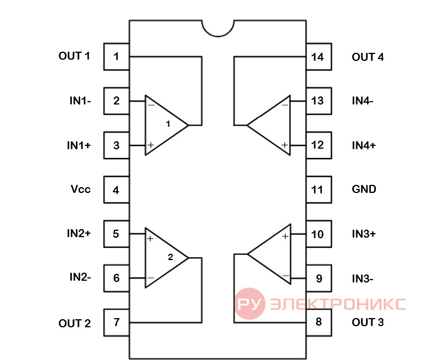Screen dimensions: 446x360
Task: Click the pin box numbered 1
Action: pos(116,56)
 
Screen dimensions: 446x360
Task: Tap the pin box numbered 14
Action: pos(318,56)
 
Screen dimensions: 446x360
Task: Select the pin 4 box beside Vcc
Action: pos(116,189)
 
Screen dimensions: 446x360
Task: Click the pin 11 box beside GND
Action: pos(318,189)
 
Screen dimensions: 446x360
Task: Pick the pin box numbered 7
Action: pos(116,323)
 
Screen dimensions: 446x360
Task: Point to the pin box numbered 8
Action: pos(318,323)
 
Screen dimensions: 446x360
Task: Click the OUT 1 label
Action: pos(74,56)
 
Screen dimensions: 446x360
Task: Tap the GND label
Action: pos(364,189)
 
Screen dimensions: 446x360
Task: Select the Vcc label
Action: pos(80,189)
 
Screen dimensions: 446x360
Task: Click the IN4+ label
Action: pos(364,145)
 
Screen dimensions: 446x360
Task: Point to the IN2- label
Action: pos(80,277)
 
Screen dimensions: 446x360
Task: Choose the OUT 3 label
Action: pos(367,322)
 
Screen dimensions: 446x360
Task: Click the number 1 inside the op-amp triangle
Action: pos(168,124)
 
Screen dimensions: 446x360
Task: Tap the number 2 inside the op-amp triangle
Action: pos(170,257)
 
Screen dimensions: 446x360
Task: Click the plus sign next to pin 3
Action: pos(151,145)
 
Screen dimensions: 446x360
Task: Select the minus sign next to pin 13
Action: pos(284,105)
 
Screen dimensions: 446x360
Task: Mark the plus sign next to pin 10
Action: pos(285,236)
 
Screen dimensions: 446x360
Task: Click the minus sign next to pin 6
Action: pos(151,278)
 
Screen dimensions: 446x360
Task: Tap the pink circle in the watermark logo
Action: pos(249,304)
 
